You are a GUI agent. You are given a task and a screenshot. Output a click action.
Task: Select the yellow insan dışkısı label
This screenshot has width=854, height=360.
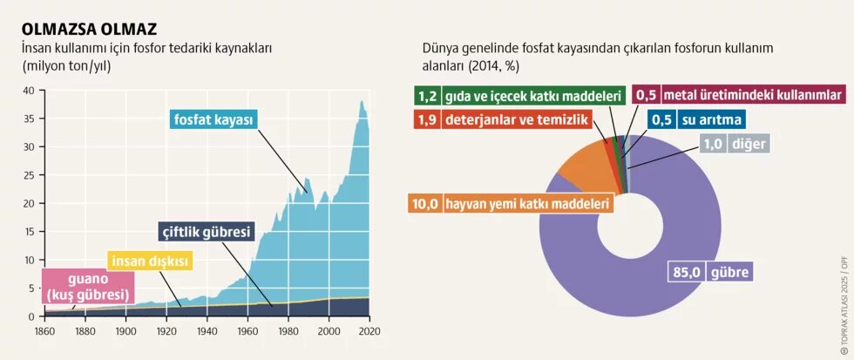(x=149, y=260)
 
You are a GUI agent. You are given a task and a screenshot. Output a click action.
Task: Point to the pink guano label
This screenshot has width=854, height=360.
(x=87, y=287)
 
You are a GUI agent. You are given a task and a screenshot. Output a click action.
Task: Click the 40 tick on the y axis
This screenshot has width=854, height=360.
(x=28, y=91)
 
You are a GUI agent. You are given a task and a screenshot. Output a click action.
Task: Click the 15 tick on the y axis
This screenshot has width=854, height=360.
(x=28, y=232)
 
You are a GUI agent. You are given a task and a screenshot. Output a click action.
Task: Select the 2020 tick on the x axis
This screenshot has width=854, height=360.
(x=370, y=331)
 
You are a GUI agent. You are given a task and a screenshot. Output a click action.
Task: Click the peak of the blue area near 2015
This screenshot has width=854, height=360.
(x=362, y=102)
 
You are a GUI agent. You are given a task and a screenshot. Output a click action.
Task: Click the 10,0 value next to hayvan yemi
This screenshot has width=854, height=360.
(x=424, y=204)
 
